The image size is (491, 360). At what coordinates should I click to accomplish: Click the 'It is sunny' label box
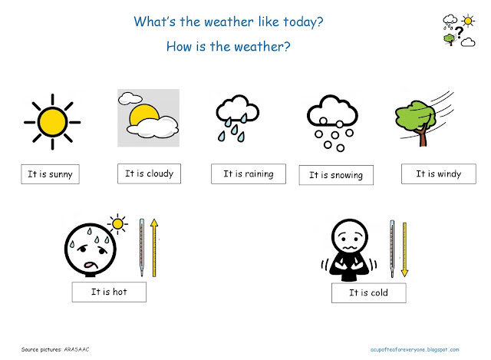[50, 174]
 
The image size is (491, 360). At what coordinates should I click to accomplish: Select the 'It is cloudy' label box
[149, 173]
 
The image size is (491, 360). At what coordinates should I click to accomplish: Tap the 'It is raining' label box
[249, 173]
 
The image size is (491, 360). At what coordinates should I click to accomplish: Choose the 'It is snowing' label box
[336, 175]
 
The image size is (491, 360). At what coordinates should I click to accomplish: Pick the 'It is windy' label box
[438, 173]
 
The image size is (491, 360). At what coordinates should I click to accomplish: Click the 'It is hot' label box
[109, 292]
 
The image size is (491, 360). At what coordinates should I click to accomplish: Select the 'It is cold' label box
[368, 292]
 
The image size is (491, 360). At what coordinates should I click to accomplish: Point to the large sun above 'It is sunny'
[52, 122]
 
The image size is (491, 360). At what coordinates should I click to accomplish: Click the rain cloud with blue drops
[237, 118]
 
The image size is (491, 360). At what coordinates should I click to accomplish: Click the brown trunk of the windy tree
[423, 135]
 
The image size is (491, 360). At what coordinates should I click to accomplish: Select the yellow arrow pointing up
[153, 247]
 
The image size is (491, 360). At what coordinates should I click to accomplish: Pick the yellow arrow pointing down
[404, 249]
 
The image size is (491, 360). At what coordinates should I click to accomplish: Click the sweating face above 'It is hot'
[91, 249]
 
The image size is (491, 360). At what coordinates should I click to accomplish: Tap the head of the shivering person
[350, 236]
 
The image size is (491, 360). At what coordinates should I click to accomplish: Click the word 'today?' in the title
[303, 22]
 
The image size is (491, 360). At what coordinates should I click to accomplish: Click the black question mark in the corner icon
[459, 32]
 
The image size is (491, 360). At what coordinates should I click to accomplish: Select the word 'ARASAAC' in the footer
[77, 349]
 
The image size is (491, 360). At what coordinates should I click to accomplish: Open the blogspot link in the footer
[414, 349]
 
